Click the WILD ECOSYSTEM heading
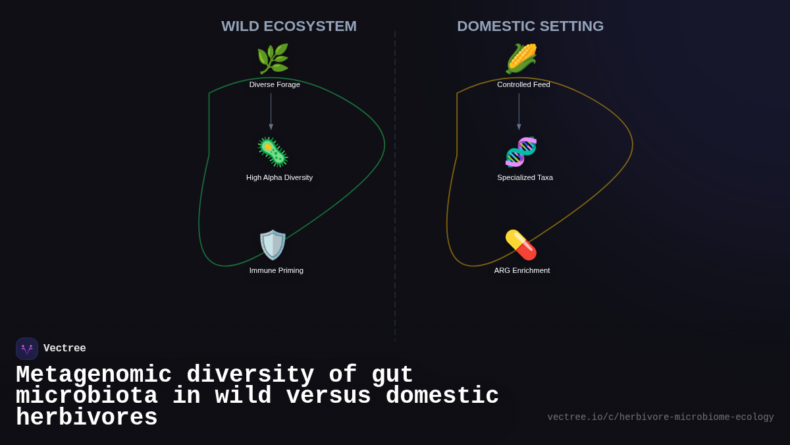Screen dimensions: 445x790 pyautogui.click(x=289, y=26)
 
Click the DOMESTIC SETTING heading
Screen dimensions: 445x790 pyautogui.click(x=530, y=26)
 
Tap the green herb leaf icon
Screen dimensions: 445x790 pyautogui.click(x=273, y=59)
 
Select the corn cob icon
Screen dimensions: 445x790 pyautogui.click(x=521, y=59)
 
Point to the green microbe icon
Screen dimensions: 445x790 pyautogui.click(x=273, y=152)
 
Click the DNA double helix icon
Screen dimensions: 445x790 pyautogui.click(x=521, y=152)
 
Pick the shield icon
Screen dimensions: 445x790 pyautogui.click(x=273, y=245)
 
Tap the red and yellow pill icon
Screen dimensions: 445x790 pyautogui.click(x=521, y=245)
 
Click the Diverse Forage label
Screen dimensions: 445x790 pyautogui.click(x=275, y=84)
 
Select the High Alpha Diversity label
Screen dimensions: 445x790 pyautogui.click(x=279, y=177)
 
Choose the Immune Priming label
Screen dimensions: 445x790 pyautogui.click(x=276, y=270)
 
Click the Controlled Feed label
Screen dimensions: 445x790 pyautogui.click(x=523, y=84)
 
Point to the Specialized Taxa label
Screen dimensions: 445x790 pyautogui.click(x=525, y=177)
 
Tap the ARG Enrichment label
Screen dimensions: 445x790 pyautogui.click(x=522, y=270)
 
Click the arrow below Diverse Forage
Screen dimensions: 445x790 pyautogui.click(x=271, y=111)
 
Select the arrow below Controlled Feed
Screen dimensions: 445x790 pyautogui.click(x=519, y=111)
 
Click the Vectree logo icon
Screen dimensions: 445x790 pyautogui.click(x=27, y=349)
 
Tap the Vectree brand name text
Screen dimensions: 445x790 pyautogui.click(x=65, y=349)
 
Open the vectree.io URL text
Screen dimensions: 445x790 pyautogui.click(x=660, y=417)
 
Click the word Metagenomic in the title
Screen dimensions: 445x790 pyautogui.click(x=93, y=375)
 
